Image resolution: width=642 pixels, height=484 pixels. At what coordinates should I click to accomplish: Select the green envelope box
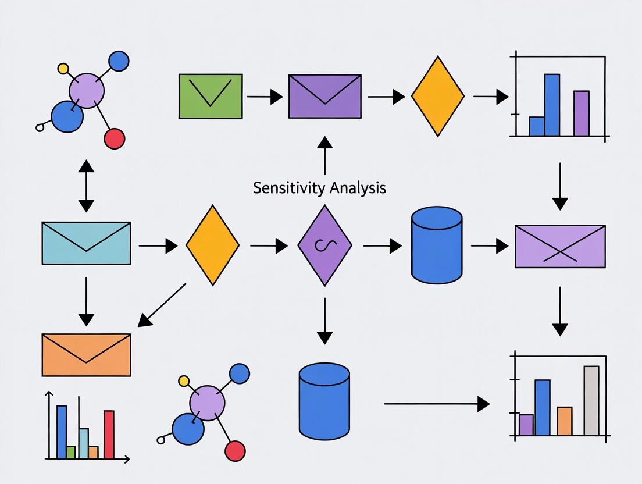[x=211, y=96]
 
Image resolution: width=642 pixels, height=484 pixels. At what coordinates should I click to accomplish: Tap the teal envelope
[x=86, y=243]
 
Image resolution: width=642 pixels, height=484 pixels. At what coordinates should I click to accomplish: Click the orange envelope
[x=86, y=355]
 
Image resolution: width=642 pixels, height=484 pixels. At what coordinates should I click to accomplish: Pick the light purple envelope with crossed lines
[x=560, y=247]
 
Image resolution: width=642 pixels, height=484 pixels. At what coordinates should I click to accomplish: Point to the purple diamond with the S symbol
[x=324, y=245]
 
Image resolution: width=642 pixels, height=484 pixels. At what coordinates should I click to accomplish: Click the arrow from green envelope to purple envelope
[x=265, y=97]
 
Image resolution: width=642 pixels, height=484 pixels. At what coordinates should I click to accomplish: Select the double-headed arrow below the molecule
[x=86, y=186]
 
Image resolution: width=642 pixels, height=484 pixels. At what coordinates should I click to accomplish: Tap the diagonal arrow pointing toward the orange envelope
[x=162, y=304]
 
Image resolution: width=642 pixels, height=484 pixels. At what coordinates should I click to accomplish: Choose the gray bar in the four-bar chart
[x=591, y=401]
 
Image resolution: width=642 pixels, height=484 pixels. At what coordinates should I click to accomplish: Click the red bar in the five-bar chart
[x=109, y=434]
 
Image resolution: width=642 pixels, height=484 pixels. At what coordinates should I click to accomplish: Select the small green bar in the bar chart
[x=71, y=452]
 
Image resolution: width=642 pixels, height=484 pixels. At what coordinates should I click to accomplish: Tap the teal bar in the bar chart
[x=84, y=443]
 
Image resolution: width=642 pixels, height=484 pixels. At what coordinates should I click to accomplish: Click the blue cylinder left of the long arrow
[x=324, y=401]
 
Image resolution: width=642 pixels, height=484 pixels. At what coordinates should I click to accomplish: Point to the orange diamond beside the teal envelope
[x=212, y=245]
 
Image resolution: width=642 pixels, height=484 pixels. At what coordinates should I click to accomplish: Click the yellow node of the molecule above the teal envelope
[x=63, y=68]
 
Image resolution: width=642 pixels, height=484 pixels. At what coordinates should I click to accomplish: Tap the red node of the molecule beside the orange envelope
[x=235, y=451]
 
